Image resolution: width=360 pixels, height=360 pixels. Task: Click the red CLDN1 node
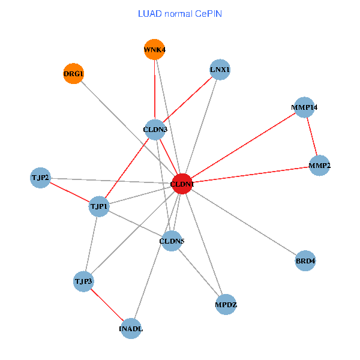182,184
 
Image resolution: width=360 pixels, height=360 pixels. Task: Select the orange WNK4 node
154,49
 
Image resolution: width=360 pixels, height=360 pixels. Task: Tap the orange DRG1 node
73,74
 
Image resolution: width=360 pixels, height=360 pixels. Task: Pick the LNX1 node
220,70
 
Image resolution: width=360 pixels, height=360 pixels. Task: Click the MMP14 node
305,107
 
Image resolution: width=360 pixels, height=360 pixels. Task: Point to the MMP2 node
320,165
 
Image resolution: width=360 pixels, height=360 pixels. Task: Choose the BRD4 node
305,261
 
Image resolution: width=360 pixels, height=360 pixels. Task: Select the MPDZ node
226,305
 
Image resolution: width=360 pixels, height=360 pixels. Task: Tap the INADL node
131,328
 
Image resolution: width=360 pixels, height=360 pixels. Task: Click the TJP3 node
83,281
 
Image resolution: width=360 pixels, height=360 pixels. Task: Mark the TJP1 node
99,206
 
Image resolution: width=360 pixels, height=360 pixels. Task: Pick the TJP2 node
40,178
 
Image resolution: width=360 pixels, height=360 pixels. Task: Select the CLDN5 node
172,241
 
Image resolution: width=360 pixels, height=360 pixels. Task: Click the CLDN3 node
156,129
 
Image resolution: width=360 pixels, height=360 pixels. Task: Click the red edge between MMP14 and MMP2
312,136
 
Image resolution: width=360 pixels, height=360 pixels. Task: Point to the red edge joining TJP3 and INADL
107,305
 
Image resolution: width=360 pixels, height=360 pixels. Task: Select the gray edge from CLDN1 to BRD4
244,223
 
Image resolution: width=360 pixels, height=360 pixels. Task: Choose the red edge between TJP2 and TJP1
70,192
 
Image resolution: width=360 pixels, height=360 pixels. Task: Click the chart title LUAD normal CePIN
179,13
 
